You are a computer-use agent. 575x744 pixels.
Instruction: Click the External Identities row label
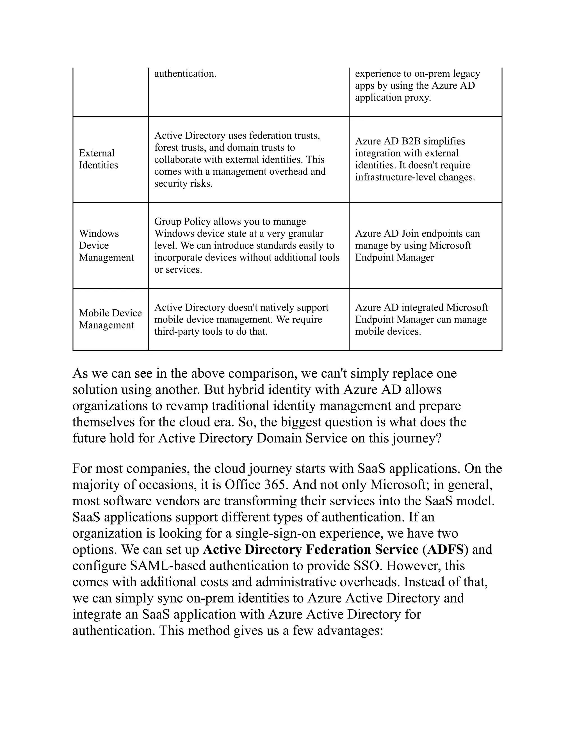coord(99,159)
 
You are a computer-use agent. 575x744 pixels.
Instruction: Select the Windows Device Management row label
coord(106,245)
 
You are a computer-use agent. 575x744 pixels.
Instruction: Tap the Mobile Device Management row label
coord(110,319)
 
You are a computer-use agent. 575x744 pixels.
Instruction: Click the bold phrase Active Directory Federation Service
coord(311,549)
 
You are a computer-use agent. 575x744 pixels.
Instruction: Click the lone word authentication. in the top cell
coord(185,74)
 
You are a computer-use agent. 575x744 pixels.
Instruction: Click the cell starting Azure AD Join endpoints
coord(417,245)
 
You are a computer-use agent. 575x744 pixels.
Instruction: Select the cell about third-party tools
coord(241,319)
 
